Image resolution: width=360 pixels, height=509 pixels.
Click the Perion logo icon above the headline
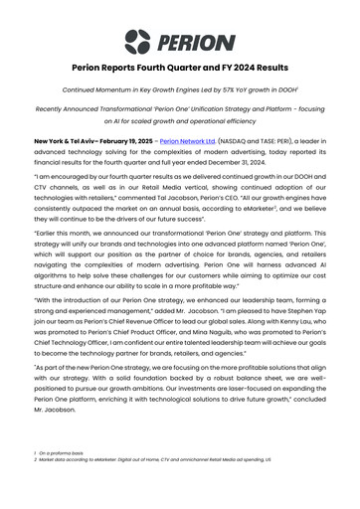(x=138, y=41)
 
